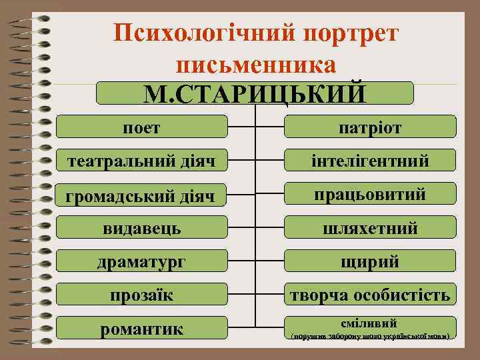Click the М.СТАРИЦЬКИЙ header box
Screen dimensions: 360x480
255,93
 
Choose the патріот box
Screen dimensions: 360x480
370,127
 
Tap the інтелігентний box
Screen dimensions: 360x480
370,160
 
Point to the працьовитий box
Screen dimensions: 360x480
370,194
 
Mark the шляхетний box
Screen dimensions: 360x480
370,228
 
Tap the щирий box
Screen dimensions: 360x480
370,261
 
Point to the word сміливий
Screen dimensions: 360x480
370,321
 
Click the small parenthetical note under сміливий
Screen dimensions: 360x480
370,335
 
